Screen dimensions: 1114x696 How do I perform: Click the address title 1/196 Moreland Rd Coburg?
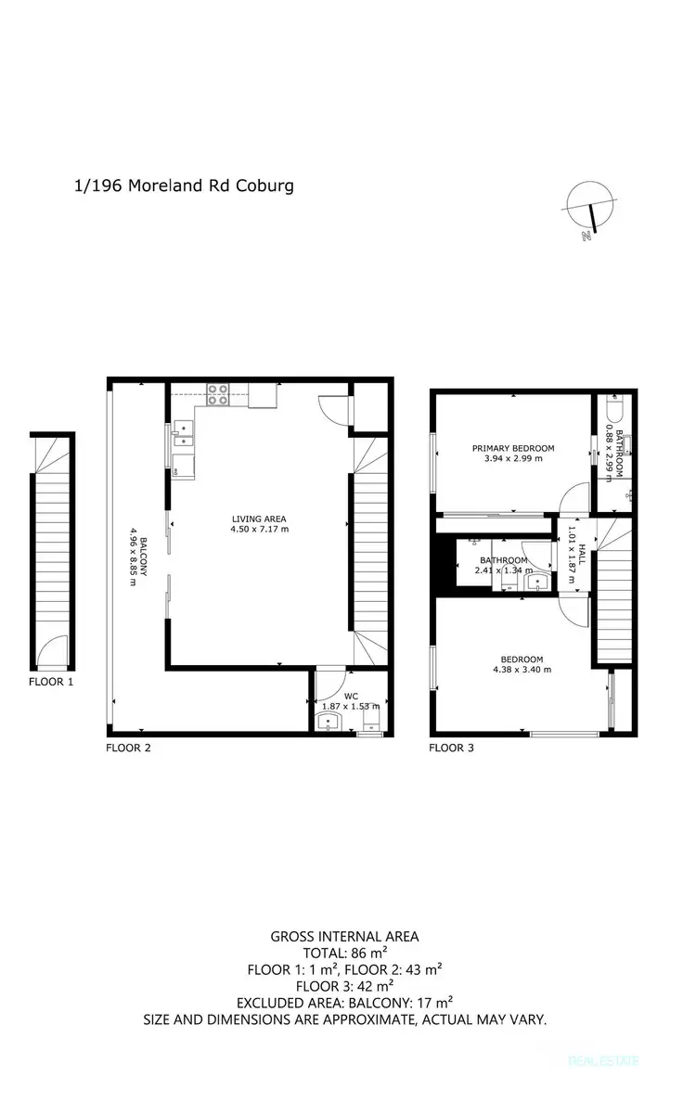[x=184, y=186]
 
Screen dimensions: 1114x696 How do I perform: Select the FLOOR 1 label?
[x=50, y=681]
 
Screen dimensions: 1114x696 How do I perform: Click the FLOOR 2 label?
[x=128, y=747]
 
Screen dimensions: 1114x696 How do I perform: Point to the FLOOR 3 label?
[x=452, y=747]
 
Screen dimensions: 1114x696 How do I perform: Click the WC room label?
[x=350, y=695]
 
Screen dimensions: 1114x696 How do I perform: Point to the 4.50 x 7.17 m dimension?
[x=260, y=530]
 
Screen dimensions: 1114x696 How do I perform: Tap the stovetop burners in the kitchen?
[x=218, y=396]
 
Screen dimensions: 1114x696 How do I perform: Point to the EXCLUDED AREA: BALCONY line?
[x=344, y=1003]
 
